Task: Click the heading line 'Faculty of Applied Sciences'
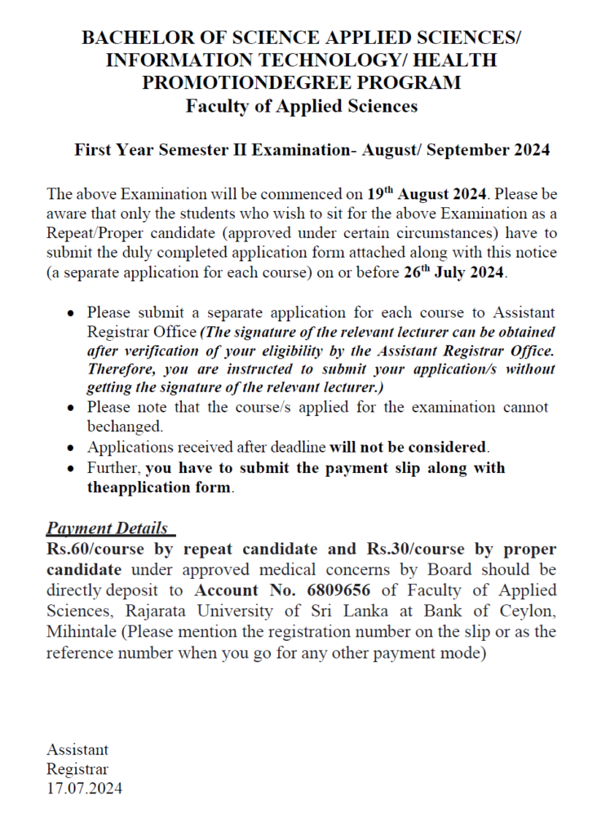click(x=302, y=106)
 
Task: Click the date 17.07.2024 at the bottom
click(x=85, y=789)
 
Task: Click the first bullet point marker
click(x=72, y=313)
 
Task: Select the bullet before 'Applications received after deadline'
click(x=72, y=448)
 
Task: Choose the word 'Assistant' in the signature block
click(x=77, y=749)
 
